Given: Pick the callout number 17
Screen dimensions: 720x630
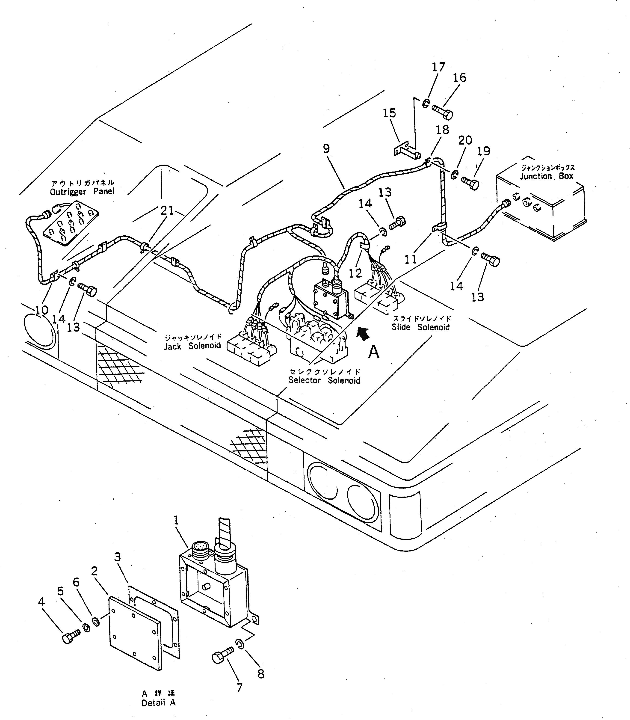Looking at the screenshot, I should click(x=438, y=67).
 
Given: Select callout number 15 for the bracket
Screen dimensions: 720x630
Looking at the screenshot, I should click(x=389, y=113).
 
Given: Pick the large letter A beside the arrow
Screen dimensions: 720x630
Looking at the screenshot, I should click(x=373, y=352).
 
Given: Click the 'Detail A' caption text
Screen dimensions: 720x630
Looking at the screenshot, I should click(x=158, y=703).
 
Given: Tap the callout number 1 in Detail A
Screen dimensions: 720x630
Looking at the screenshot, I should click(x=176, y=520).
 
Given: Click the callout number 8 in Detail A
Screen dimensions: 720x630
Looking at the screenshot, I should click(x=260, y=674).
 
